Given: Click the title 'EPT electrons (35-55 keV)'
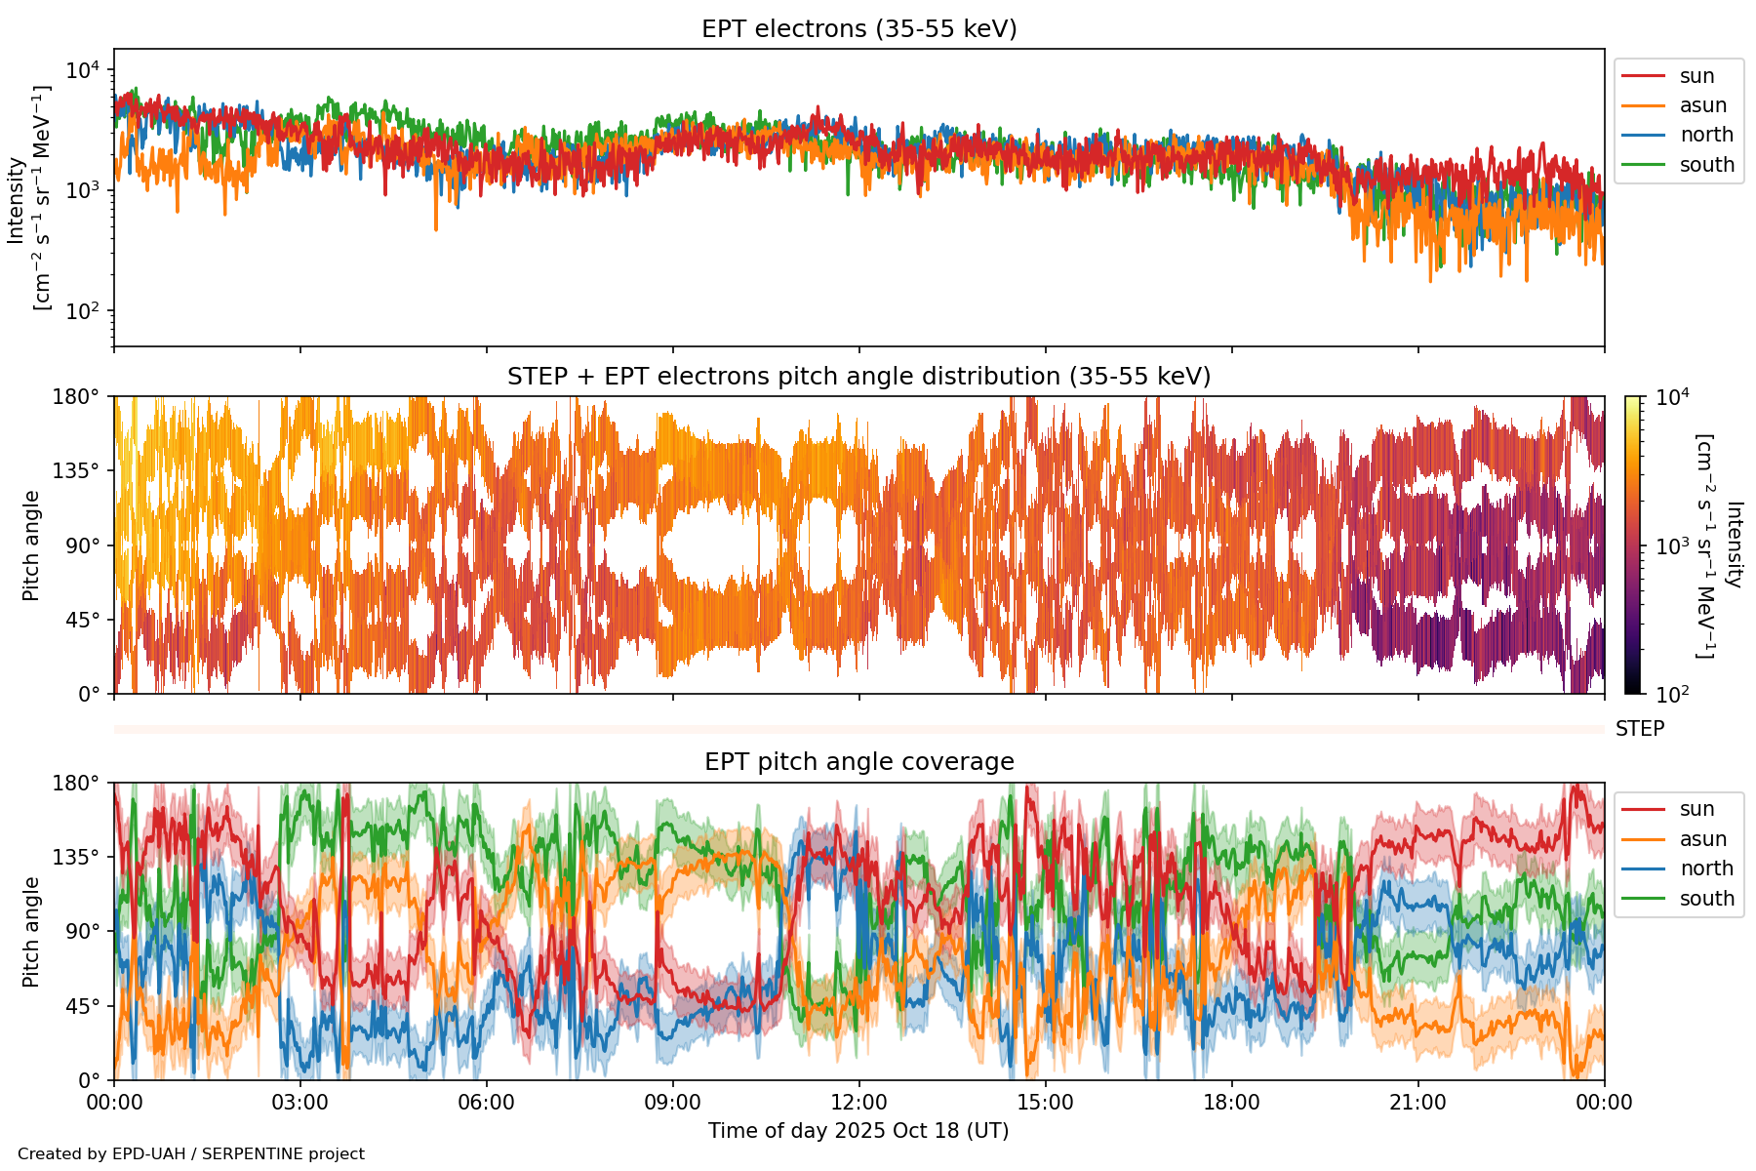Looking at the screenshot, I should (x=858, y=29).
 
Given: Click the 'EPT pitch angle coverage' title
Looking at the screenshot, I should (x=858, y=762).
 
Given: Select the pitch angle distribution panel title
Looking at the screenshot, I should (x=858, y=377).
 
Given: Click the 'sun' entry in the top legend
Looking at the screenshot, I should (x=1696, y=76).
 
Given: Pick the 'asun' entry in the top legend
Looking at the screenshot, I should (x=1702, y=105).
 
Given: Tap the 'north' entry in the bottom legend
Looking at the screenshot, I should (x=1706, y=868).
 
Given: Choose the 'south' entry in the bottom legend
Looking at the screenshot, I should (x=1706, y=899).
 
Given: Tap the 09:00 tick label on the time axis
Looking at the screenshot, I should (x=672, y=1103).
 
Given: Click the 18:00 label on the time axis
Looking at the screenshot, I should (x=1231, y=1103).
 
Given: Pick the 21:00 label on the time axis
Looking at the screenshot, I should (x=1417, y=1103).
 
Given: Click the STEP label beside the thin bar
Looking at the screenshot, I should (x=1639, y=729).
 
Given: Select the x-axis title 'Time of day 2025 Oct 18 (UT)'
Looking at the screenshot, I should (x=858, y=1131).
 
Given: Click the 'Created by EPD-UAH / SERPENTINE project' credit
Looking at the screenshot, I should (x=191, y=1154).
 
